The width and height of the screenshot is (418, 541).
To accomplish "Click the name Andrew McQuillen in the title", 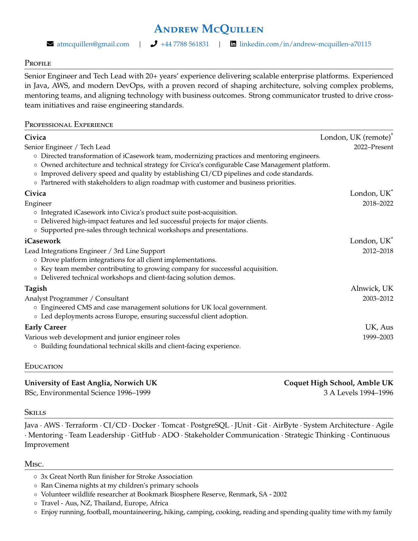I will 209,29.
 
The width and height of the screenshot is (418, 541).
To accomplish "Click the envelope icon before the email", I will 50,44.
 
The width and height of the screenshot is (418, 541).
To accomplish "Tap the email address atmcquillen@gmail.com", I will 93,44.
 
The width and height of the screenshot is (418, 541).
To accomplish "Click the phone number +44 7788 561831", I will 185,44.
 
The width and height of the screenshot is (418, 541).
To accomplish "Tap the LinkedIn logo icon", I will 233,44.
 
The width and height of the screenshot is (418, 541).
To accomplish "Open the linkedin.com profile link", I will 305,44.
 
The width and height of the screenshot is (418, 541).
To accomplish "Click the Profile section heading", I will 38,63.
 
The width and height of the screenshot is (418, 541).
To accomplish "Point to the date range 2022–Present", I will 373,147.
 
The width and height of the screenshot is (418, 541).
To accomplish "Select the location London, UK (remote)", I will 356,137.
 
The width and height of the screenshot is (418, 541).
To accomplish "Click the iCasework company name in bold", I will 43,241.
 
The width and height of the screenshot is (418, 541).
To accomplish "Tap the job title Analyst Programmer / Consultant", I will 76,298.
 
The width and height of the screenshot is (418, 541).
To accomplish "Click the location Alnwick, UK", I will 372,289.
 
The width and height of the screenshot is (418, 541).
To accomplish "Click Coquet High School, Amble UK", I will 338,383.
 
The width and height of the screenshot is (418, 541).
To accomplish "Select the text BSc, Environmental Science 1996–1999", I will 88,392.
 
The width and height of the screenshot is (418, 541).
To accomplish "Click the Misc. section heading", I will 34,464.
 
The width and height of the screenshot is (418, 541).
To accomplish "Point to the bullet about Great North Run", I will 116,476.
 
